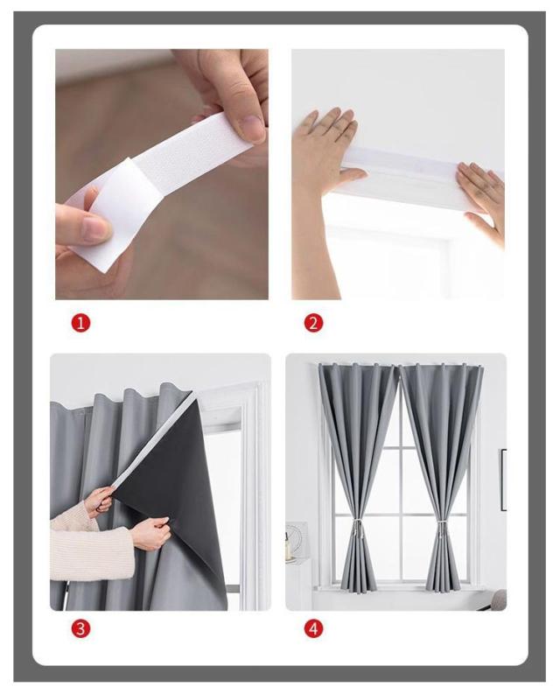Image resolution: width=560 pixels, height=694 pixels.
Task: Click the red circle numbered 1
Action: (x=80, y=323)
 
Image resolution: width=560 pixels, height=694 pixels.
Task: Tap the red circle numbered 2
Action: (x=313, y=323)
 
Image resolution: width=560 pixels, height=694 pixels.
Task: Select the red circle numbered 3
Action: (x=80, y=628)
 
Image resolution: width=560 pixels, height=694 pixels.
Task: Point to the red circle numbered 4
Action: (x=313, y=628)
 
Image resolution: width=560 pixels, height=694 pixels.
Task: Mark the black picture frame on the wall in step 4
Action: (x=503, y=480)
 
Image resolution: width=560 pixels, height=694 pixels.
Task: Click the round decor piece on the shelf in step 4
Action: (x=294, y=537)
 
